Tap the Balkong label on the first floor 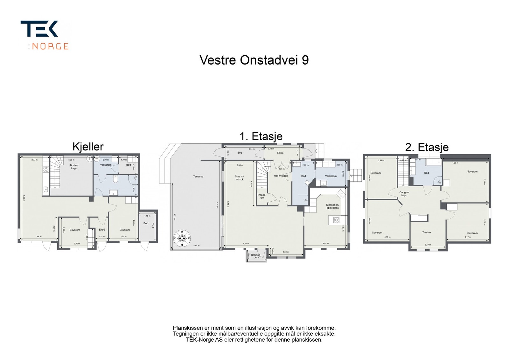pyautogui.click(x=255, y=255)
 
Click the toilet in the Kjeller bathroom pyautogui.click(x=116, y=180)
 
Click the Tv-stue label pyautogui.click(x=426, y=232)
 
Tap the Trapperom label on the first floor pyautogui.click(x=261, y=197)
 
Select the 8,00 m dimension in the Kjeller pyautogui.click(x=24, y=197)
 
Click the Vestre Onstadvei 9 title pyautogui.click(x=254, y=60)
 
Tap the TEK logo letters pyautogui.click(x=39, y=29)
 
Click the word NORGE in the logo pyautogui.click(x=50, y=46)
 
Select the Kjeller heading pyautogui.click(x=88, y=147)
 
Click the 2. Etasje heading pyautogui.click(x=427, y=147)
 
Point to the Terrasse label pyautogui.click(x=198, y=177)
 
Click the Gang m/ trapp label pyautogui.click(x=404, y=194)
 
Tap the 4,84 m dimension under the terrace pyautogui.click(x=197, y=246)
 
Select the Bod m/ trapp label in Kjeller pyautogui.click(x=74, y=167)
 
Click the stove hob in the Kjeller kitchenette pyautogui.click(x=46, y=169)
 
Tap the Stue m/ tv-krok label pyautogui.click(x=239, y=178)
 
